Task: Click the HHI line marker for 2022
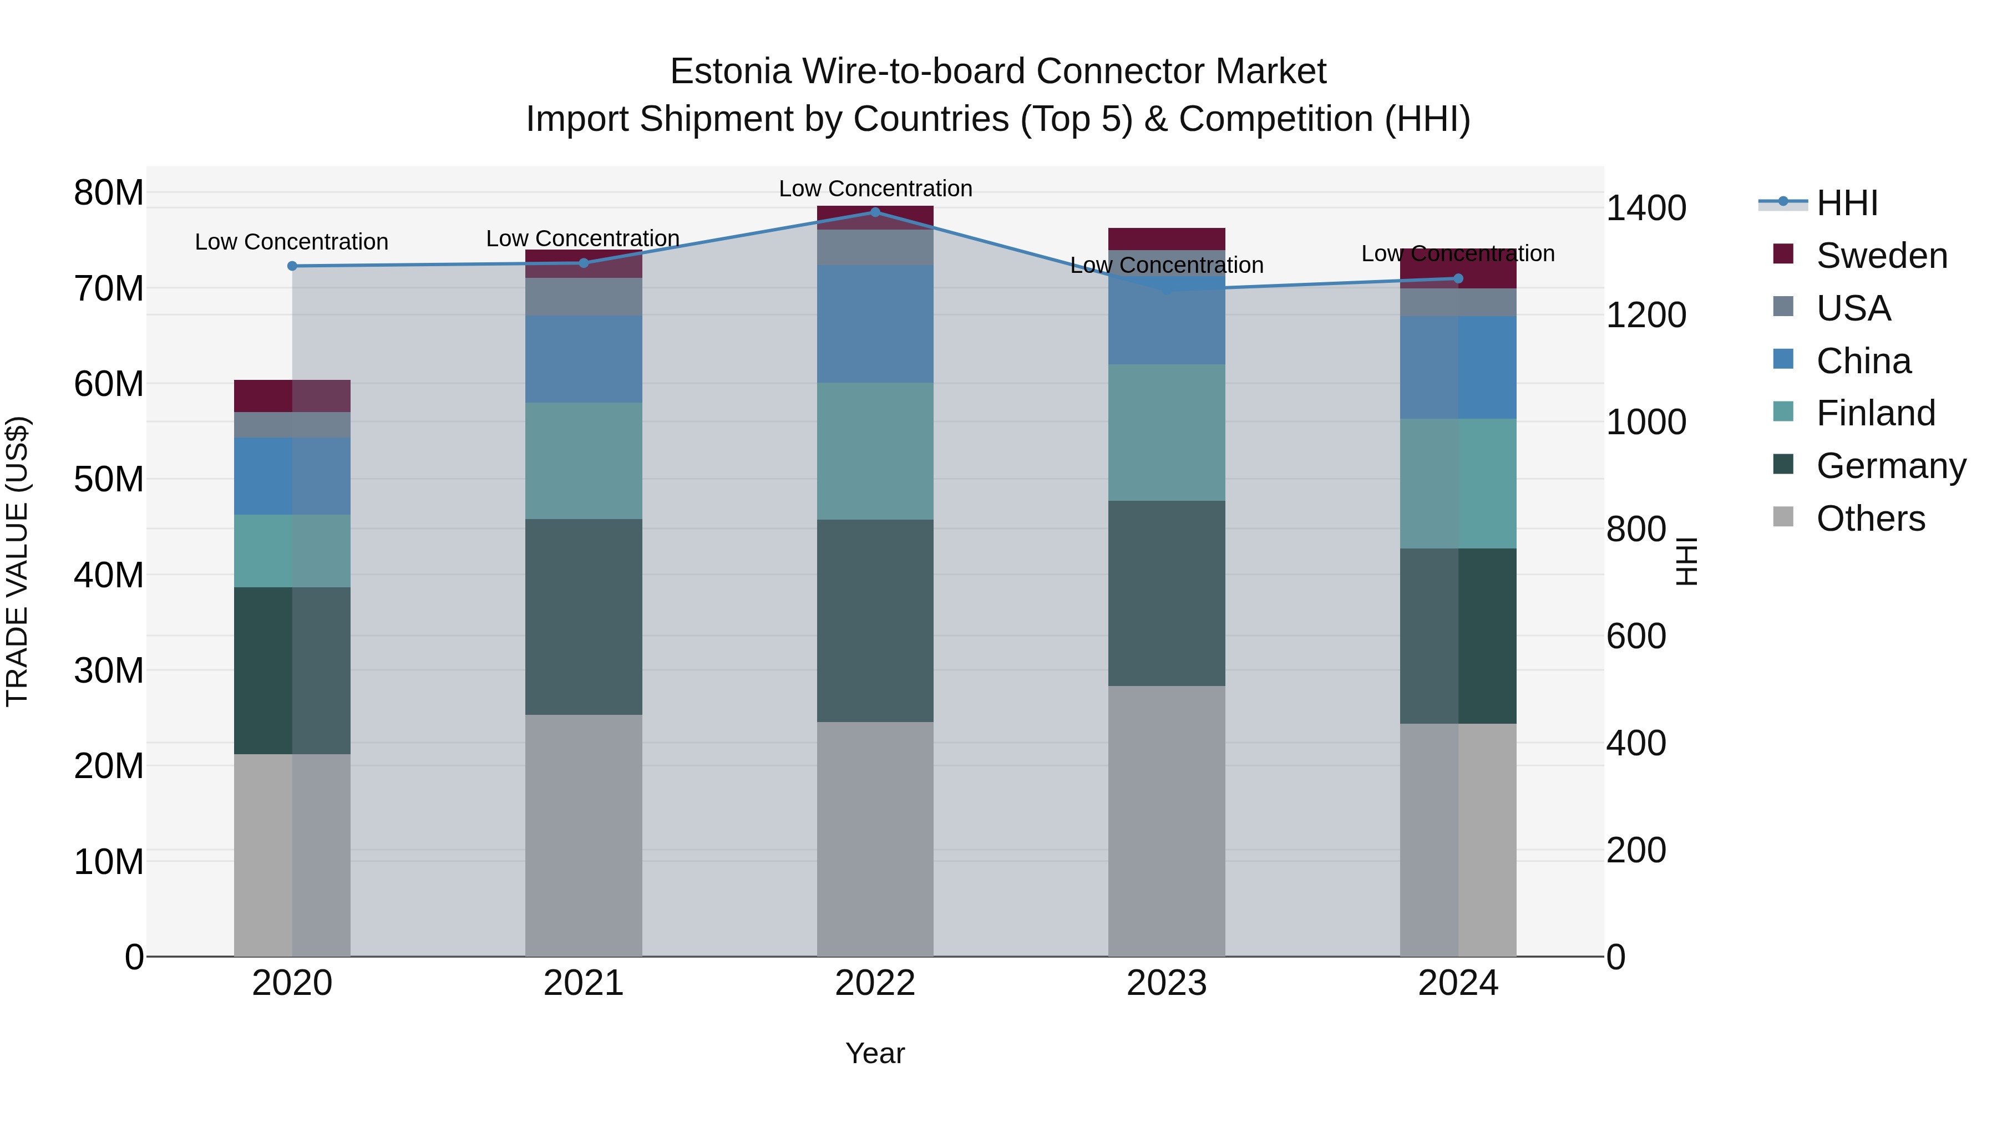click(875, 212)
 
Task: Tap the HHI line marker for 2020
click(292, 266)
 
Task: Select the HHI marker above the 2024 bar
click(1458, 278)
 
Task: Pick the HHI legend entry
click(1847, 203)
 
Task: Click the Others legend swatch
click(1783, 517)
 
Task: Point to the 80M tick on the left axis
click(109, 192)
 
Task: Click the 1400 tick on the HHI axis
click(1645, 208)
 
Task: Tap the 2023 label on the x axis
click(1166, 983)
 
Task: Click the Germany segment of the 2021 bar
click(584, 616)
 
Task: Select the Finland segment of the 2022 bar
click(875, 450)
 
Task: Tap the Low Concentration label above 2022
click(875, 189)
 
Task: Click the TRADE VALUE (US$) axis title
click(17, 561)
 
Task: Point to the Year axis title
click(875, 1053)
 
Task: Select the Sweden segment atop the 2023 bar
click(1166, 238)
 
